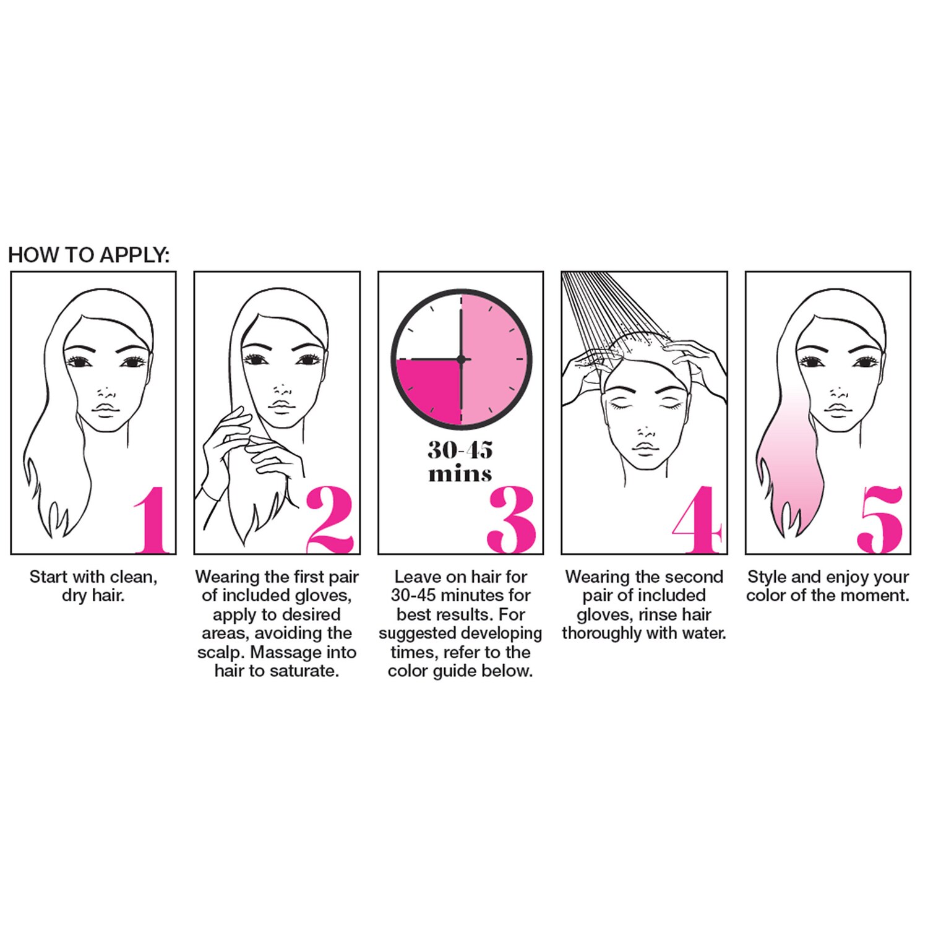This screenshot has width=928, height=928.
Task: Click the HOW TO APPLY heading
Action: click(88, 255)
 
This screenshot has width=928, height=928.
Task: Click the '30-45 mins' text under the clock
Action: click(460, 461)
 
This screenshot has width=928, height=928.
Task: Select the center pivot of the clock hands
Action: click(461, 359)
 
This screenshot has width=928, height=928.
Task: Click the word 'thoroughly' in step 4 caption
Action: click(601, 634)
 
